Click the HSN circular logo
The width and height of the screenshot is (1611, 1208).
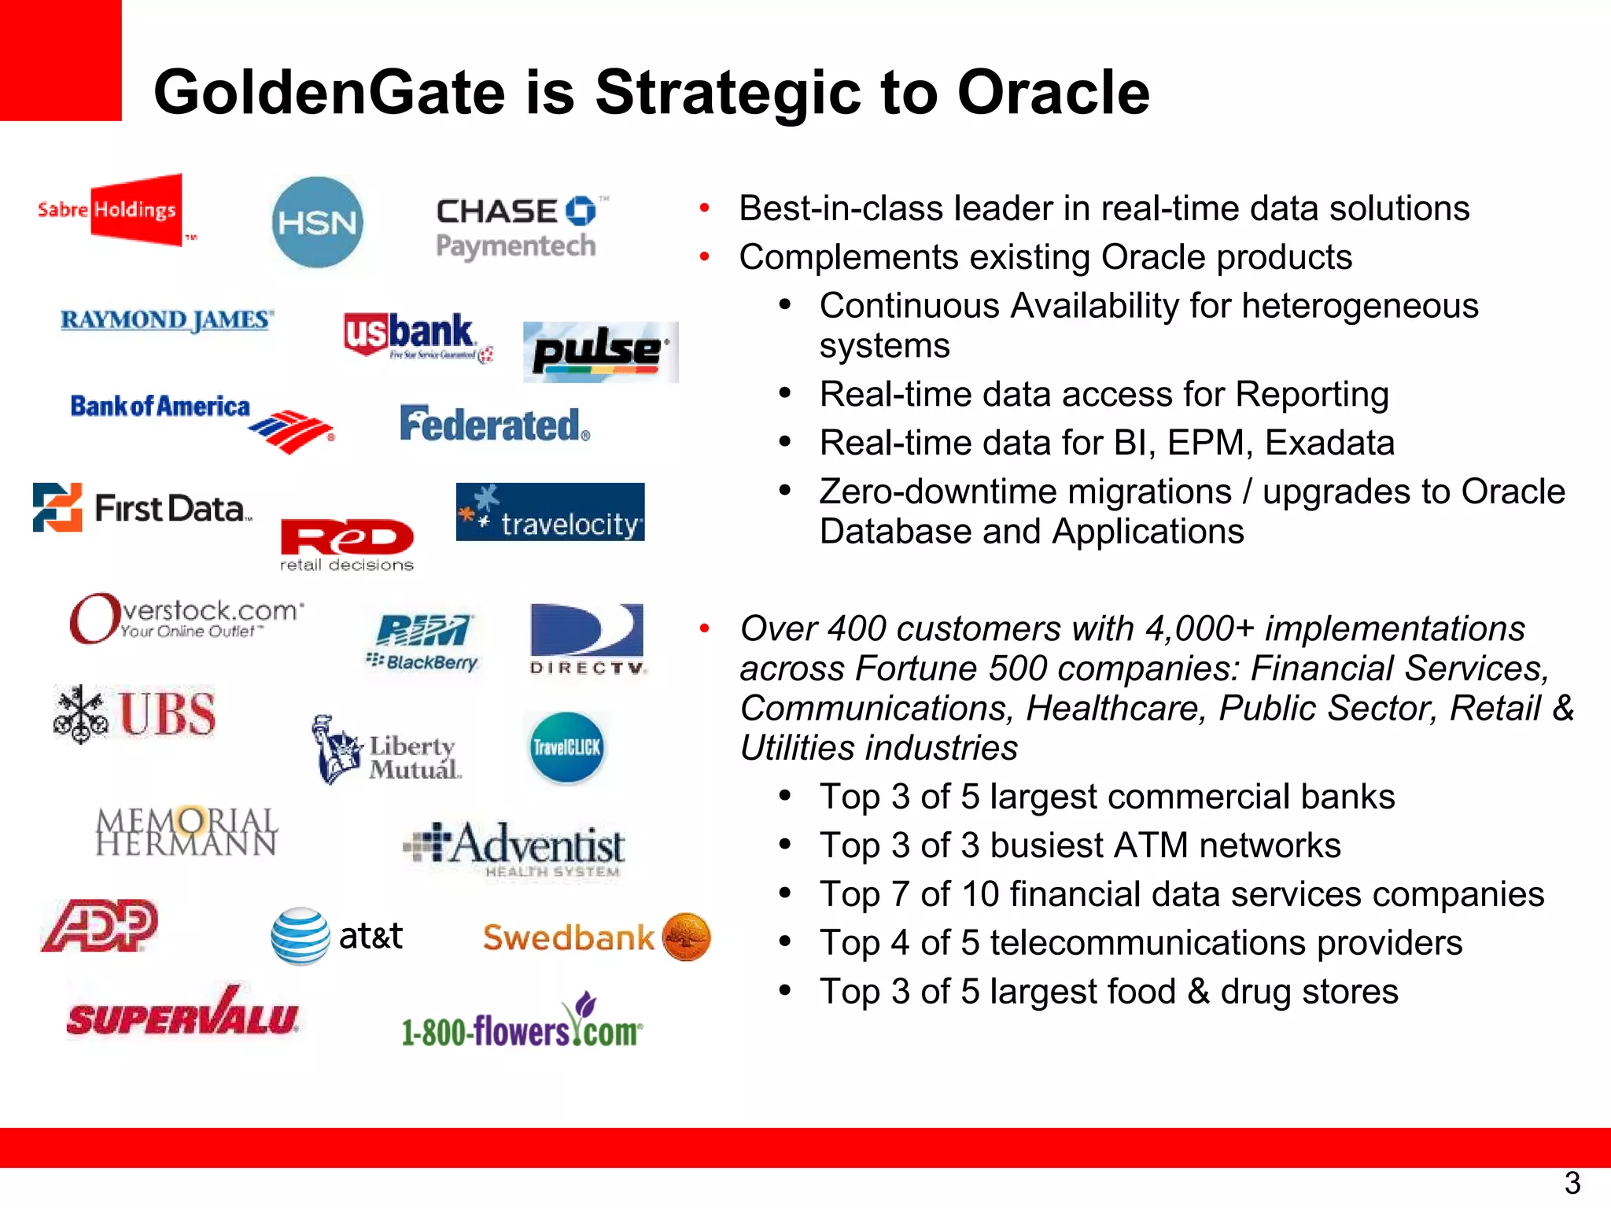[317, 222]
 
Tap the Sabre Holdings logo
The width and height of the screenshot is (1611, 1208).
[110, 210]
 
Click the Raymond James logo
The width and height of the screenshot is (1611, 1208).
[167, 320]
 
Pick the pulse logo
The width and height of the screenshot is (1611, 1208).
[600, 352]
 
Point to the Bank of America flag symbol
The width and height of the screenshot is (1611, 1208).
[292, 431]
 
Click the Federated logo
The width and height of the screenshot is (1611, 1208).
[495, 425]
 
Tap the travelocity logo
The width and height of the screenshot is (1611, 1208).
[550, 512]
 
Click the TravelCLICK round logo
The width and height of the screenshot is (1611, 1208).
[566, 747]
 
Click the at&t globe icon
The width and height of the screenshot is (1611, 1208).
[300, 936]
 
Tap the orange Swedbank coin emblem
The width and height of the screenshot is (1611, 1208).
[687, 937]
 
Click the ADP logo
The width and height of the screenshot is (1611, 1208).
[100, 926]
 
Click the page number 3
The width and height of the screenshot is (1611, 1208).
[1572, 1183]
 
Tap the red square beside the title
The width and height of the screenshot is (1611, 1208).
[61, 60]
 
